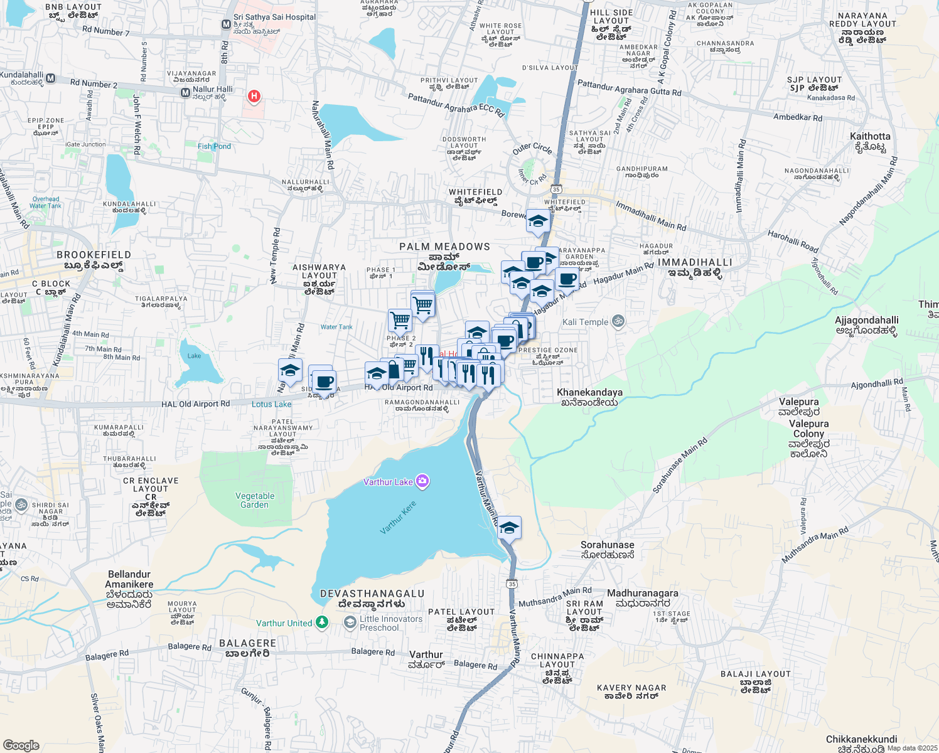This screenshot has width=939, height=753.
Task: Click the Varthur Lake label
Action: [388, 482]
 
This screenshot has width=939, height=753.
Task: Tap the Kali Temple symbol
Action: [618, 321]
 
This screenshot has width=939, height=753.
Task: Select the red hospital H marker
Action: [254, 96]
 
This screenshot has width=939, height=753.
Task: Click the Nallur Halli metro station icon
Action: [185, 93]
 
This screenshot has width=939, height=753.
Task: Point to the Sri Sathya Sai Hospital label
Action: [274, 17]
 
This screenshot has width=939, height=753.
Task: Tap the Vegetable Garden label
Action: [255, 500]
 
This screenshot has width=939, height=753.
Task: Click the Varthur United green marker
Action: [322, 622]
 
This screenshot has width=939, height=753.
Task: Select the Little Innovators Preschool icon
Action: [350, 622]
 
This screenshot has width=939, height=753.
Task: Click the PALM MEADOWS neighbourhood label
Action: [444, 247]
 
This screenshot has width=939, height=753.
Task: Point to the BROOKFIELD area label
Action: [94, 255]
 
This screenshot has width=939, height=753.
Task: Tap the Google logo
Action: [21, 745]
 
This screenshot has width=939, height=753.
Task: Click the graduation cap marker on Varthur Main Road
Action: [509, 528]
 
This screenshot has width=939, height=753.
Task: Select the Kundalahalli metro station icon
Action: [51, 78]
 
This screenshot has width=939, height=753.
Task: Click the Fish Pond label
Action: [214, 146]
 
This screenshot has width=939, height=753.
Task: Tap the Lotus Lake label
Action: [271, 404]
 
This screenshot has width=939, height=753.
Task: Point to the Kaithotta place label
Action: [870, 136]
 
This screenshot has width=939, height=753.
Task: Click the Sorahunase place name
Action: [607, 545]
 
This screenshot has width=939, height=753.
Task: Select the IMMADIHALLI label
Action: [695, 262]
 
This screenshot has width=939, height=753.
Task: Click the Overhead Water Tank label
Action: [46, 202]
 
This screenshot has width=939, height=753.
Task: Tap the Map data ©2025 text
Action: [911, 748]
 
